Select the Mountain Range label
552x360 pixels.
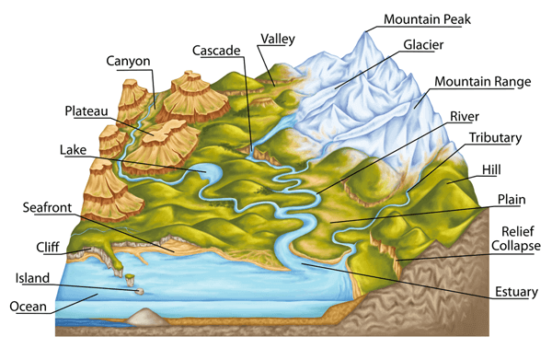point(483,82)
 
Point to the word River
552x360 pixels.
point(466,117)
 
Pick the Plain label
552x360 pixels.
point(512,199)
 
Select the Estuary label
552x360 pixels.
point(514,292)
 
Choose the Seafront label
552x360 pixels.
point(47,207)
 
